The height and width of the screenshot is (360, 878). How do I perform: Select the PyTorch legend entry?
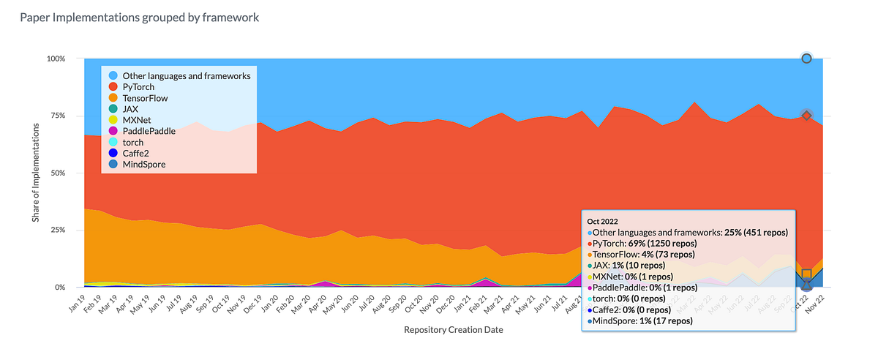[x=138, y=86]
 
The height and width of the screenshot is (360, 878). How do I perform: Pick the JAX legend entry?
[x=130, y=108]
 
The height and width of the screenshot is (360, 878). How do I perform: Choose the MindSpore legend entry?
[x=143, y=165]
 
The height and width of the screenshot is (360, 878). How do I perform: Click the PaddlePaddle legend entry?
[x=149, y=131]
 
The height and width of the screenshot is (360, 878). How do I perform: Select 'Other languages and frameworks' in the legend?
[x=186, y=75]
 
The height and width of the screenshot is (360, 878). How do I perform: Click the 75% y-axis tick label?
[x=56, y=116]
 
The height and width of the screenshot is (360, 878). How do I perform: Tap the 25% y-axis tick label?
[x=56, y=230]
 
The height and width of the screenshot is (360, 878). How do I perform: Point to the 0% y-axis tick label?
[x=59, y=288]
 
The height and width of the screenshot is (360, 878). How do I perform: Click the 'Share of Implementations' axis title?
[x=37, y=173]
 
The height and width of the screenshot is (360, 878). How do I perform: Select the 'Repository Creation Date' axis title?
[x=453, y=330]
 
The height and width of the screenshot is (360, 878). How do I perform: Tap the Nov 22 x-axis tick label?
[x=813, y=302]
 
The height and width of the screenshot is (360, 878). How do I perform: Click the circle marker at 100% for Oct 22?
[x=806, y=59]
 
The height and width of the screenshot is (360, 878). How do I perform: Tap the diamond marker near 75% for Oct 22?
[x=806, y=115]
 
